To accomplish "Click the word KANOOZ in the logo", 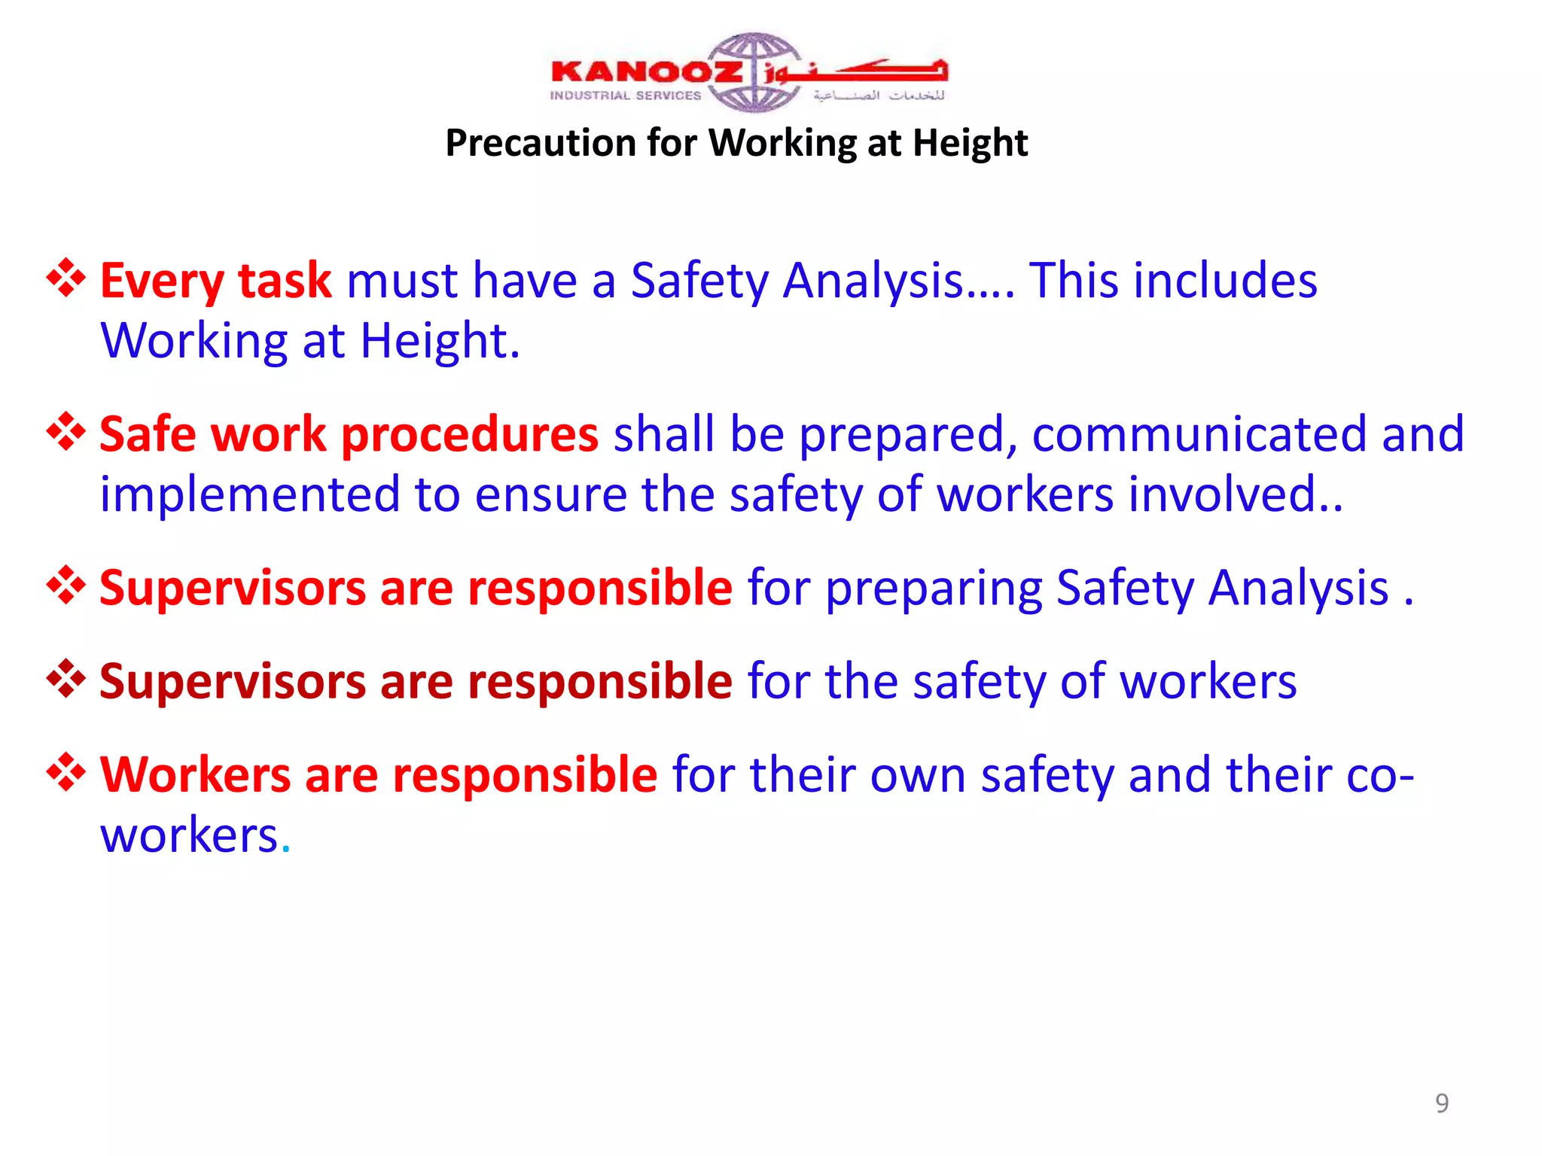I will (646, 72).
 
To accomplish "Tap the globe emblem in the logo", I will (753, 71).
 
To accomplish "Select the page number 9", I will (1441, 1103).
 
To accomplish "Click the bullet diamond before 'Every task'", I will (66, 278).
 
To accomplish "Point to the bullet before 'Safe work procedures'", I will (66, 432).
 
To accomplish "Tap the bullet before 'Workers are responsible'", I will (66, 772).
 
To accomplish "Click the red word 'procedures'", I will (470, 435).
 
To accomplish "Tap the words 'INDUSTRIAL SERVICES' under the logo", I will (625, 96).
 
